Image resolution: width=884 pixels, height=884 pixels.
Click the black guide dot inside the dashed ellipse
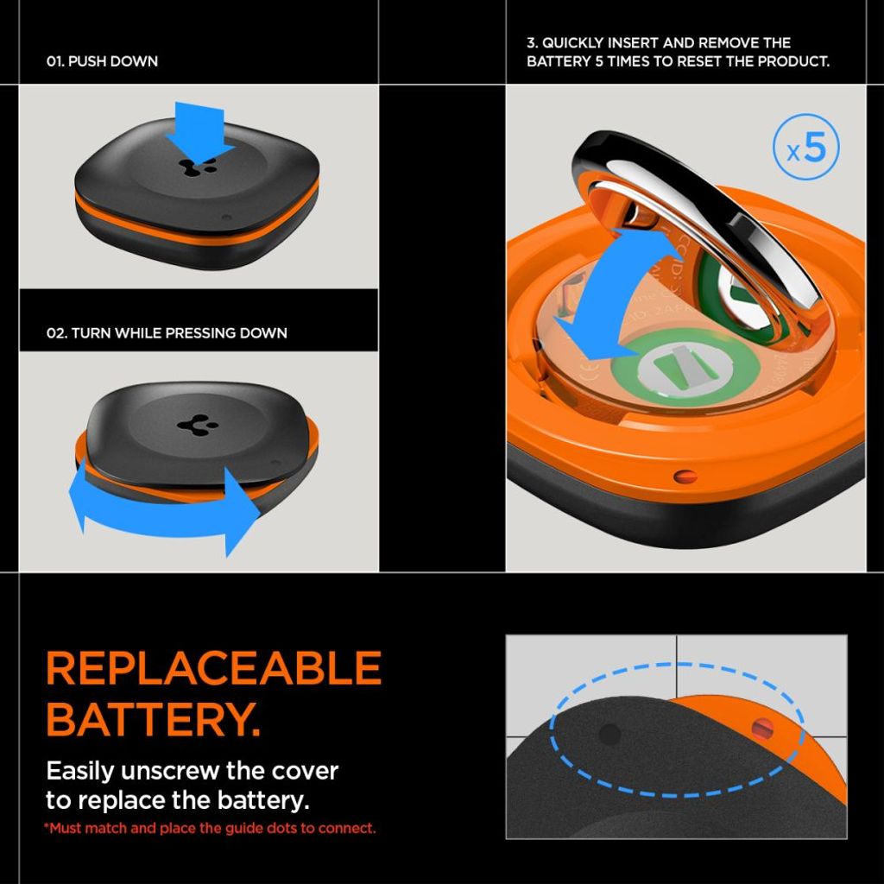[609, 735]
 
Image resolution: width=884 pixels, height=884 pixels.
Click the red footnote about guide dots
[211, 828]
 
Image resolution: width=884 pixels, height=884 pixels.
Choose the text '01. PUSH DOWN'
[102, 62]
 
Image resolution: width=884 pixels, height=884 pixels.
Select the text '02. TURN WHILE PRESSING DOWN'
[167, 332]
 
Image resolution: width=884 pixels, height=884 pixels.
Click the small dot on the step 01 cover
[226, 217]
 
